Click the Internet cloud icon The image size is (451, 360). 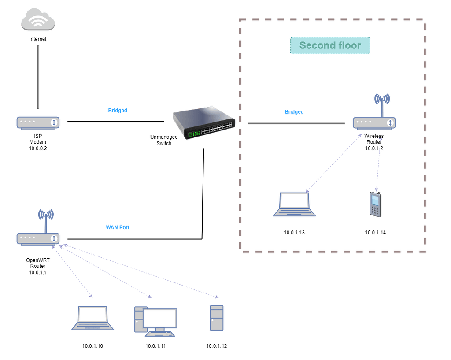(x=38, y=21)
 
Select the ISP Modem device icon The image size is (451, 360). (x=38, y=123)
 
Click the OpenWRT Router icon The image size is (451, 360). (x=38, y=238)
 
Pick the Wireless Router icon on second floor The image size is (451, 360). (x=374, y=122)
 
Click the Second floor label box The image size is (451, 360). (x=330, y=46)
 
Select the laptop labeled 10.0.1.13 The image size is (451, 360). (x=295, y=205)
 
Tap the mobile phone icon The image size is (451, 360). (x=375, y=204)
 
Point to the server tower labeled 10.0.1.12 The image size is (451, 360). (x=216, y=318)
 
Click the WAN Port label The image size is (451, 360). (x=118, y=227)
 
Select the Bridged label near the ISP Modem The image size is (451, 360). (x=118, y=111)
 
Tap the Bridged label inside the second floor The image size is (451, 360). (x=294, y=112)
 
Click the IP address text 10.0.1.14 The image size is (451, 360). (x=375, y=232)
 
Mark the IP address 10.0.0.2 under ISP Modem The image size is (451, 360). (x=38, y=148)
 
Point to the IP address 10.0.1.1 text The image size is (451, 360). (x=38, y=273)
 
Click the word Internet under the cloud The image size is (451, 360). (x=38, y=39)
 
